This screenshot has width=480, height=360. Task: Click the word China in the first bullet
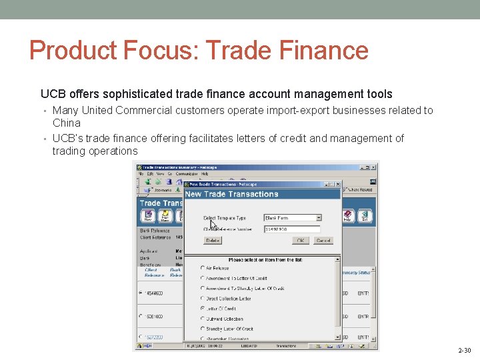click(x=66, y=123)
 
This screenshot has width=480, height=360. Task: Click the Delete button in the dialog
click(x=213, y=240)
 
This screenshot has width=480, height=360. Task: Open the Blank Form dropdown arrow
click(x=319, y=217)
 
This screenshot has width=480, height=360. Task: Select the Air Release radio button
click(x=203, y=268)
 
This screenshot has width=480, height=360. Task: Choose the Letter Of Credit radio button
click(x=203, y=309)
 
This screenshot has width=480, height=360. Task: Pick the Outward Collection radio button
click(x=203, y=319)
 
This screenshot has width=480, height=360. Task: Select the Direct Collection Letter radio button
click(x=203, y=299)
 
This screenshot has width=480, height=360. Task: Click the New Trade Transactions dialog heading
click(x=232, y=194)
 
